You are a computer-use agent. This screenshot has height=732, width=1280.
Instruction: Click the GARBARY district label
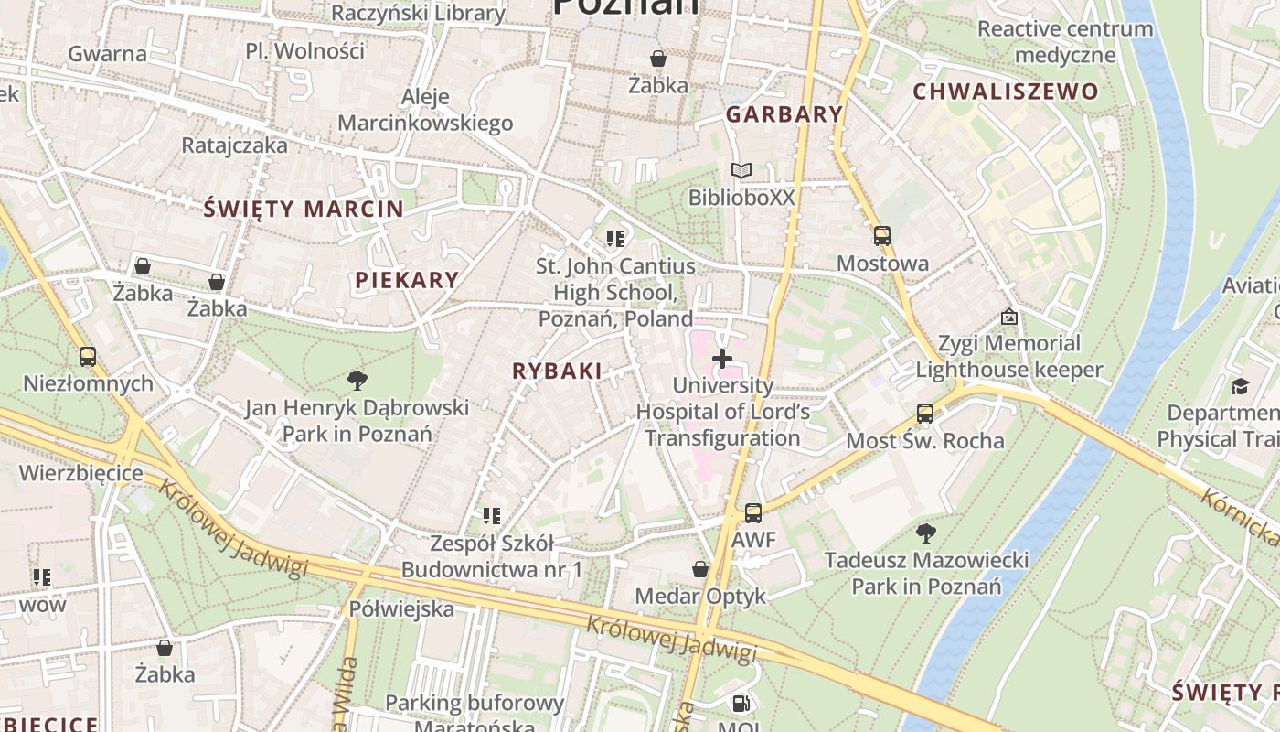tap(784, 114)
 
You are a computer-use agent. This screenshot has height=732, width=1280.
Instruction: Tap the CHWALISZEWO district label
tap(1005, 91)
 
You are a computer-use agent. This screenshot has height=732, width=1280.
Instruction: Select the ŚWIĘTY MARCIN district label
tap(304, 209)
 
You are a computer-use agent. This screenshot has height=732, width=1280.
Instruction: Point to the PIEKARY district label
tap(407, 280)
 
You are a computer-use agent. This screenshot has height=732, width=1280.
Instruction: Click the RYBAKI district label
tap(557, 371)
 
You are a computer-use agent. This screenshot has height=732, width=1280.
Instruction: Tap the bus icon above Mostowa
tap(881, 236)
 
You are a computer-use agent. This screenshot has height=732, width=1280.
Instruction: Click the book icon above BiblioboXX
tap(741, 170)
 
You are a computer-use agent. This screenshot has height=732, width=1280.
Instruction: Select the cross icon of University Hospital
tap(722, 359)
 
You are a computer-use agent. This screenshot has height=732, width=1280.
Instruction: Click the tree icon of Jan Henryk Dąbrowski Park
tap(357, 380)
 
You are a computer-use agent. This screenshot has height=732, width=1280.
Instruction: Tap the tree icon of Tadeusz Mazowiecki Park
tap(925, 533)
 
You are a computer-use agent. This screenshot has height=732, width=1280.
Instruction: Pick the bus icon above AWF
tap(752, 513)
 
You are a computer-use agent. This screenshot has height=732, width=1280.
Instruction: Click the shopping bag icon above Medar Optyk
tap(700, 569)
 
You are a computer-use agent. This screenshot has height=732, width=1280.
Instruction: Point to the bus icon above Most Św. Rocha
tap(925, 414)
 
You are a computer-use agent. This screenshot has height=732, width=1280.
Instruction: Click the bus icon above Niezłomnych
tap(88, 356)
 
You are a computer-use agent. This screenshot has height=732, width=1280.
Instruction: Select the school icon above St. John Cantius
tap(615, 239)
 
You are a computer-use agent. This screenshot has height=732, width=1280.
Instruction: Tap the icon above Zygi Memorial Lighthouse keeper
tap(1009, 317)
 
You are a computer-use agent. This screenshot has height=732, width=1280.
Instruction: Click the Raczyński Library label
tap(418, 13)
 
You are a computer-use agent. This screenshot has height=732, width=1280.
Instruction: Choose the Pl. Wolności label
tap(304, 50)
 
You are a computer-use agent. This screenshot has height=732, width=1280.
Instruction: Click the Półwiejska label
tap(401, 608)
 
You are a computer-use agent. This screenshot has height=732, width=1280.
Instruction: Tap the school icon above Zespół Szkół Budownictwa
tap(492, 516)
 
